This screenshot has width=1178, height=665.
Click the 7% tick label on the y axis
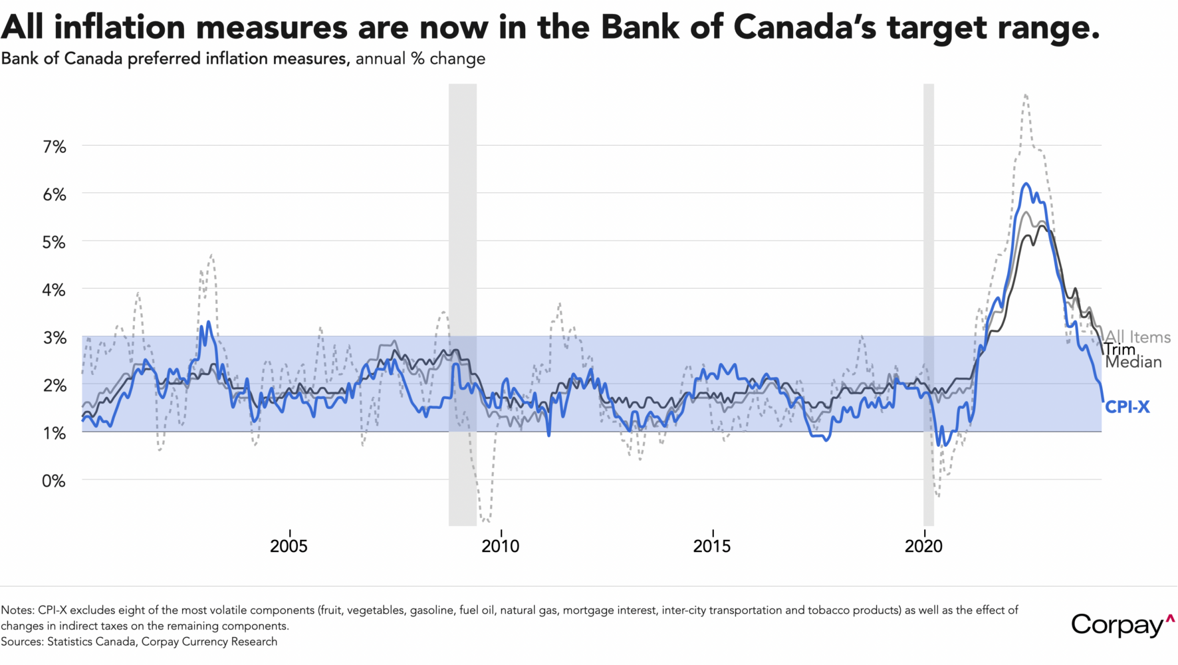(55, 147)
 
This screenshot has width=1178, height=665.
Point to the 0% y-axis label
(55, 481)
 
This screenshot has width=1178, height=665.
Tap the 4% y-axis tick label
(55, 290)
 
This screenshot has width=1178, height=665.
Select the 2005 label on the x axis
(289, 547)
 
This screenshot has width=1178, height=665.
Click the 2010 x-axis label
(500, 547)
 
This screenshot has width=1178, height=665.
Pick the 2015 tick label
(711, 547)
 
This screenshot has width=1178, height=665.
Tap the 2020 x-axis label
(923, 547)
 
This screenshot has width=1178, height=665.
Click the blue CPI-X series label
(1127, 407)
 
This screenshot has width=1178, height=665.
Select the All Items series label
(1138, 337)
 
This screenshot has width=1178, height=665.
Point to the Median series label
(1134, 362)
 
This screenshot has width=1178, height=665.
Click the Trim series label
(1121, 350)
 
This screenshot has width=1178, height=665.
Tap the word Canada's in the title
(804, 27)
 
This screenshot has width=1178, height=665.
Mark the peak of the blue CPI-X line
(1026, 184)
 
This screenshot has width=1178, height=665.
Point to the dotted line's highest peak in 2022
(1026, 94)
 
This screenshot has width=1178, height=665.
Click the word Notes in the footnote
(17, 610)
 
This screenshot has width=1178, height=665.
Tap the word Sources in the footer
(21, 642)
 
